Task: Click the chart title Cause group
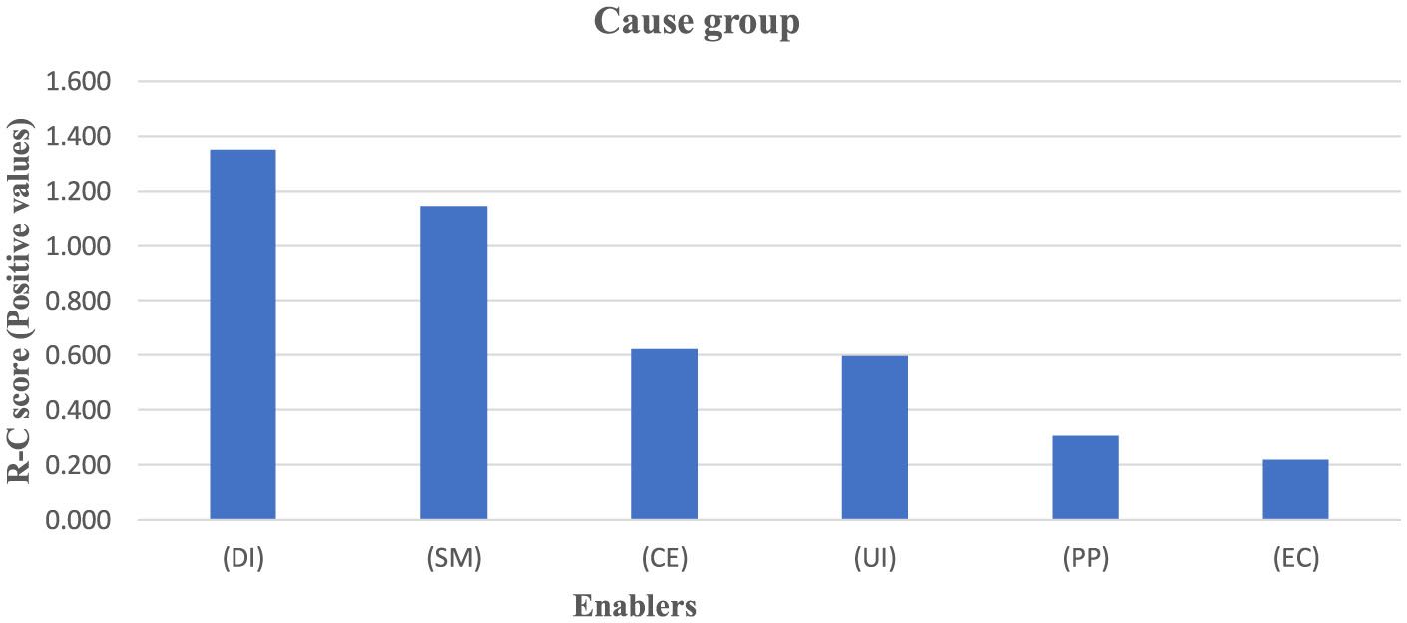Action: tap(697, 22)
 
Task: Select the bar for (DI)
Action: tap(242, 334)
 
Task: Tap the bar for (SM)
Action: tap(453, 362)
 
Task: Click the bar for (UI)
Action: tap(874, 437)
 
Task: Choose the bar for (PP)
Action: tap(1085, 477)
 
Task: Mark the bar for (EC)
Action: tap(1295, 489)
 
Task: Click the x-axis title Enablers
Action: tap(634, 605)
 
